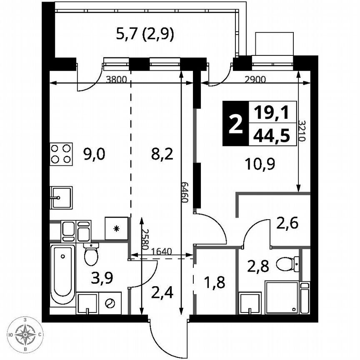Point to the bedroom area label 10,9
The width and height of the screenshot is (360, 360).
[261, 163]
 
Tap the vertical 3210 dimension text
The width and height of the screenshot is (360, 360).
[303, 131]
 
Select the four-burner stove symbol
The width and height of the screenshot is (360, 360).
[61, 153]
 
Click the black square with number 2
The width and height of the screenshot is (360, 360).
[235, 124]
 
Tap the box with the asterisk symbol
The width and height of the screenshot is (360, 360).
[116, 228]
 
